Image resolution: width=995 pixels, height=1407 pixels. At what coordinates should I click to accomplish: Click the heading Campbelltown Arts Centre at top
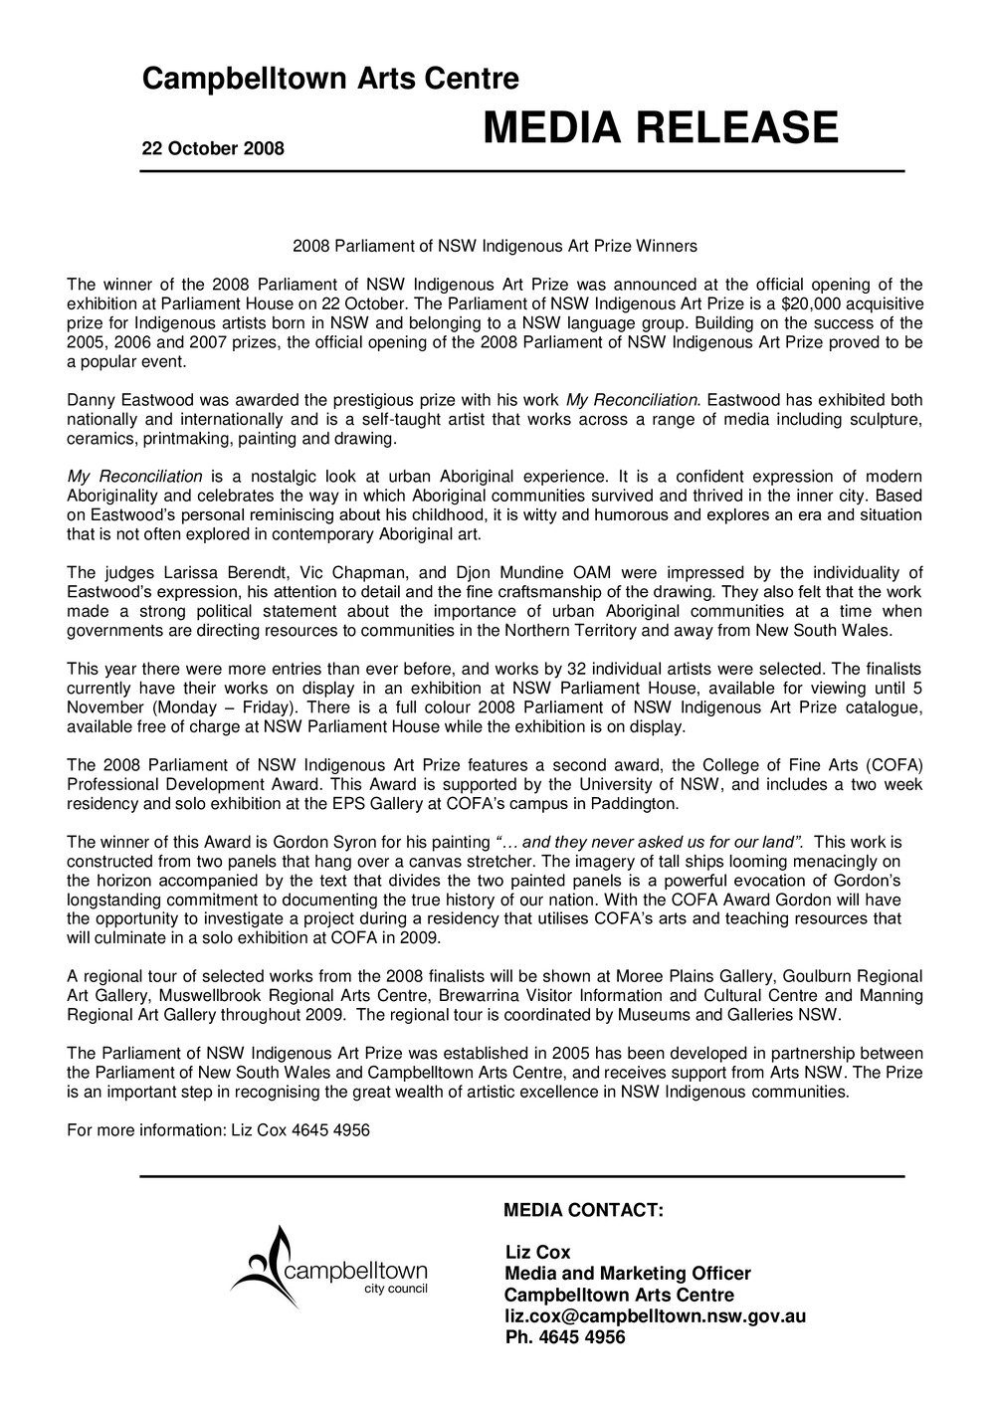tap(329, 79)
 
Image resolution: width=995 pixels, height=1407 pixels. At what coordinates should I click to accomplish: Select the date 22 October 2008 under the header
tap(213, 149)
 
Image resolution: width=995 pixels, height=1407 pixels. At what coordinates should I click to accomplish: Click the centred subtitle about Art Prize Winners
tap(496, 243)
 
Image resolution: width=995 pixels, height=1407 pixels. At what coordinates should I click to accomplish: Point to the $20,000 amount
tap(788, 302)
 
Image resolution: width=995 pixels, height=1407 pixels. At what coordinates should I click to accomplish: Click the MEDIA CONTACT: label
tap(584, 1210)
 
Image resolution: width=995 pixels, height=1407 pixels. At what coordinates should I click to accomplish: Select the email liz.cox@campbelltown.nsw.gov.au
tap(655, 1316)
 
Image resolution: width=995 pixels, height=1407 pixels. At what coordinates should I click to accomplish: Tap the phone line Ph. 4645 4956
tap(565, 1337)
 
